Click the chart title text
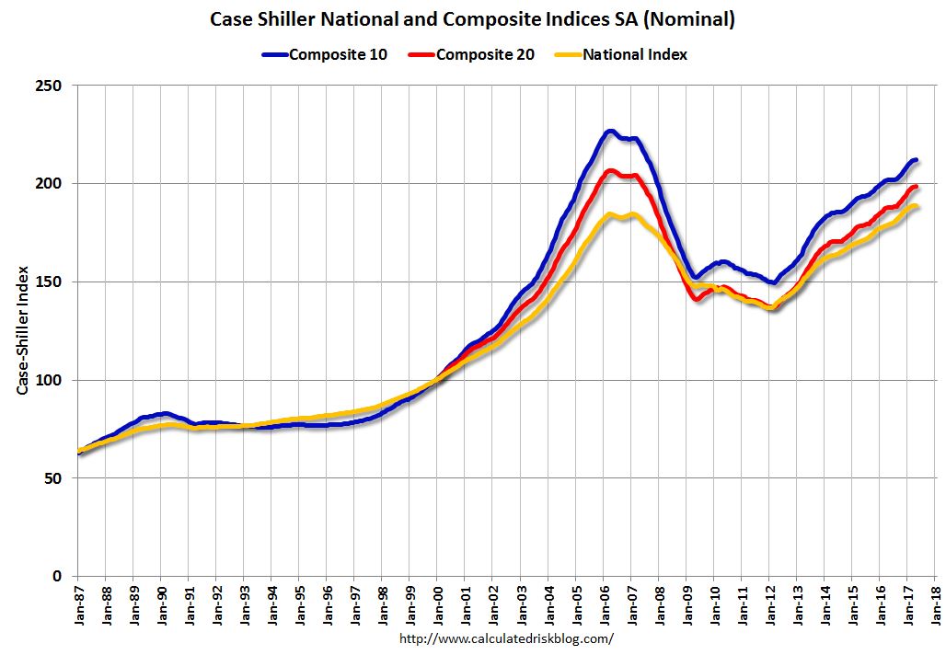(x=473, y=19)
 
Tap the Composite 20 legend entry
(x=485, y=54)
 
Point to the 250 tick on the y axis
(x=50, y=86)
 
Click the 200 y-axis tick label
(x=50, y=184)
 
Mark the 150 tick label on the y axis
(x=50, y=282)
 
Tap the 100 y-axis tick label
(x=50, y=381)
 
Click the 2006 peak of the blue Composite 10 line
(x=609, y=132)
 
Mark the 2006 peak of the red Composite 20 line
(x=608, y=170)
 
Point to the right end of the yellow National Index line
(x=917, y=207)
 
